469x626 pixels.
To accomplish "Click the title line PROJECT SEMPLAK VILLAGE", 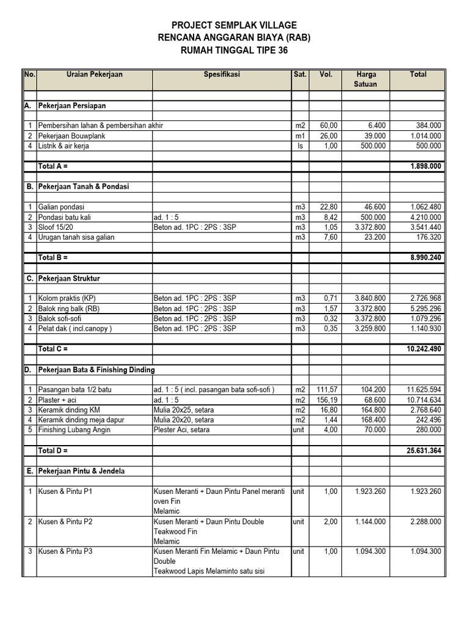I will click(234, 25).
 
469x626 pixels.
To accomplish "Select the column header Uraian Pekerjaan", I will click(94, 75).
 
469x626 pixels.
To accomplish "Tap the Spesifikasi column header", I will click(222, 75).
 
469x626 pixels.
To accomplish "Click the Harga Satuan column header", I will click(366, 79).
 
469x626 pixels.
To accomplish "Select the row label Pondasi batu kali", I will click(67, 217).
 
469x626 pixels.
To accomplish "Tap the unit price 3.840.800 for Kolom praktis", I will click(366, 298).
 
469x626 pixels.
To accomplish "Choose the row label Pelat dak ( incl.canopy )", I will click(75, 328).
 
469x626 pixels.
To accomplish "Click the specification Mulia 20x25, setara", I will click(184, 410).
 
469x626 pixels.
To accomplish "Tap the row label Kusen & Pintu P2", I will click(65, 521).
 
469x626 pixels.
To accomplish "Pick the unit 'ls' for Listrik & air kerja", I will click(299, 146).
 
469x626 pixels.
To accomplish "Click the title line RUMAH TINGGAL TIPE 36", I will click(234, 51).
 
